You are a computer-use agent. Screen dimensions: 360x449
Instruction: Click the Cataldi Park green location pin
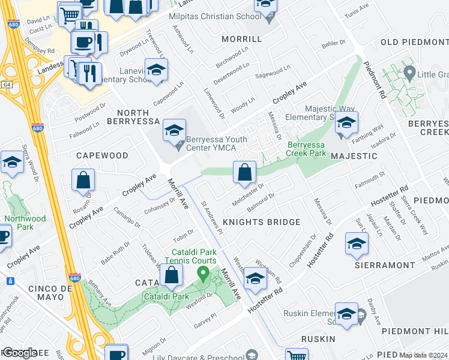(203, 275)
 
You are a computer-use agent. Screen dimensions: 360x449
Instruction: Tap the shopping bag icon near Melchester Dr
(244, 173)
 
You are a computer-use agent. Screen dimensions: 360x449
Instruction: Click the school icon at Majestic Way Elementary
(346, 123)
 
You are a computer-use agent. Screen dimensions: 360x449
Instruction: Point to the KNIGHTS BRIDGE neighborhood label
(261, 222)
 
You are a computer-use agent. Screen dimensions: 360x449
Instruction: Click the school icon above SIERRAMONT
(357, 243)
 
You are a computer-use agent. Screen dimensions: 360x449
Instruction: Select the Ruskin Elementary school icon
(346, 314)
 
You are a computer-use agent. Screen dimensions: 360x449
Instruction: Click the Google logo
(20, 353)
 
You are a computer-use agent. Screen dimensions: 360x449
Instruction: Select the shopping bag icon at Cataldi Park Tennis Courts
(172, 275)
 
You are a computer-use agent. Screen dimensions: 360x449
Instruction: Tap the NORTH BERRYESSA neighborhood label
(142, 118)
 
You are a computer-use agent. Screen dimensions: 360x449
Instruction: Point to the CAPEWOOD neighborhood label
(102, 155)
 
